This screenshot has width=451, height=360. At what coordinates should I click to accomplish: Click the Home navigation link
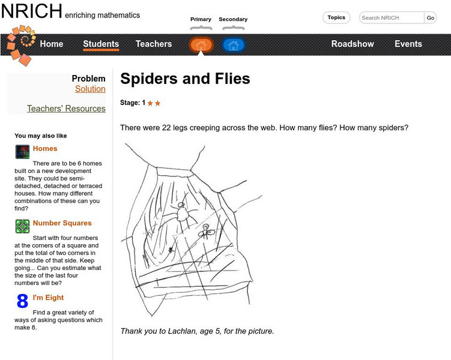51,44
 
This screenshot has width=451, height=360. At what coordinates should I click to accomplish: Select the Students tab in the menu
101,44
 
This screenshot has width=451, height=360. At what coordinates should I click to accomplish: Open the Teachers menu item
154,44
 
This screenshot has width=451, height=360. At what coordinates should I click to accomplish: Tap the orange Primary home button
201,45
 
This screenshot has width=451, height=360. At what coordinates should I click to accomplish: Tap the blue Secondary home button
233,45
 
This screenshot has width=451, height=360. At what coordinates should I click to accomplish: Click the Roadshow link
353,44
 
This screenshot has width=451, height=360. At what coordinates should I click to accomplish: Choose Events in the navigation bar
408,44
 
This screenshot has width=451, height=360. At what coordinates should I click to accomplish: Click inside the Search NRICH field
392,18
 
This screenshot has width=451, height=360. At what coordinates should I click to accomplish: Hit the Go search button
431,18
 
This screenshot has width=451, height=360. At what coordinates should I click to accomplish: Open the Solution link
90,89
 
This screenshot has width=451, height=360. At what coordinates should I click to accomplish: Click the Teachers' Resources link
66,109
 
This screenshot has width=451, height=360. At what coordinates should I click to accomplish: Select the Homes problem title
45,149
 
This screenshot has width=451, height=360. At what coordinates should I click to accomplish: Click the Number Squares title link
62,223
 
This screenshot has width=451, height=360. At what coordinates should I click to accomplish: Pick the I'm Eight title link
48,298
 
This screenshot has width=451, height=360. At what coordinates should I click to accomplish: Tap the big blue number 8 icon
22,301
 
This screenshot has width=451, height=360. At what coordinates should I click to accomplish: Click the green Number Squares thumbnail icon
22,226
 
